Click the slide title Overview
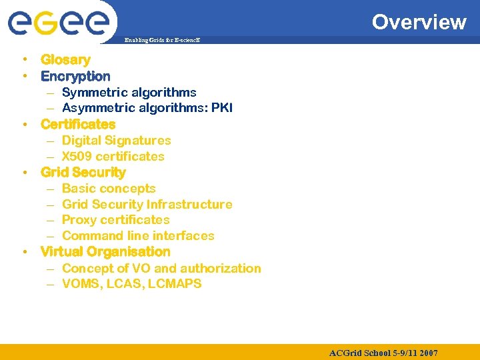(419, 22)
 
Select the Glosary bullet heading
(65, 60)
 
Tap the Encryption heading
(75, 76)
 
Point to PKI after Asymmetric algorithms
(222, 108)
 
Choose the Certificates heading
(78, 124)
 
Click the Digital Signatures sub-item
(116, 141)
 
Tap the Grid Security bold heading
(83, 173)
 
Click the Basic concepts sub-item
(109, 189)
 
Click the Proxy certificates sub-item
(115, 220)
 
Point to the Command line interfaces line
(138, 236)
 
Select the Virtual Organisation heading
(105, 252)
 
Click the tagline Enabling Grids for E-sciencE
(163, 41)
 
